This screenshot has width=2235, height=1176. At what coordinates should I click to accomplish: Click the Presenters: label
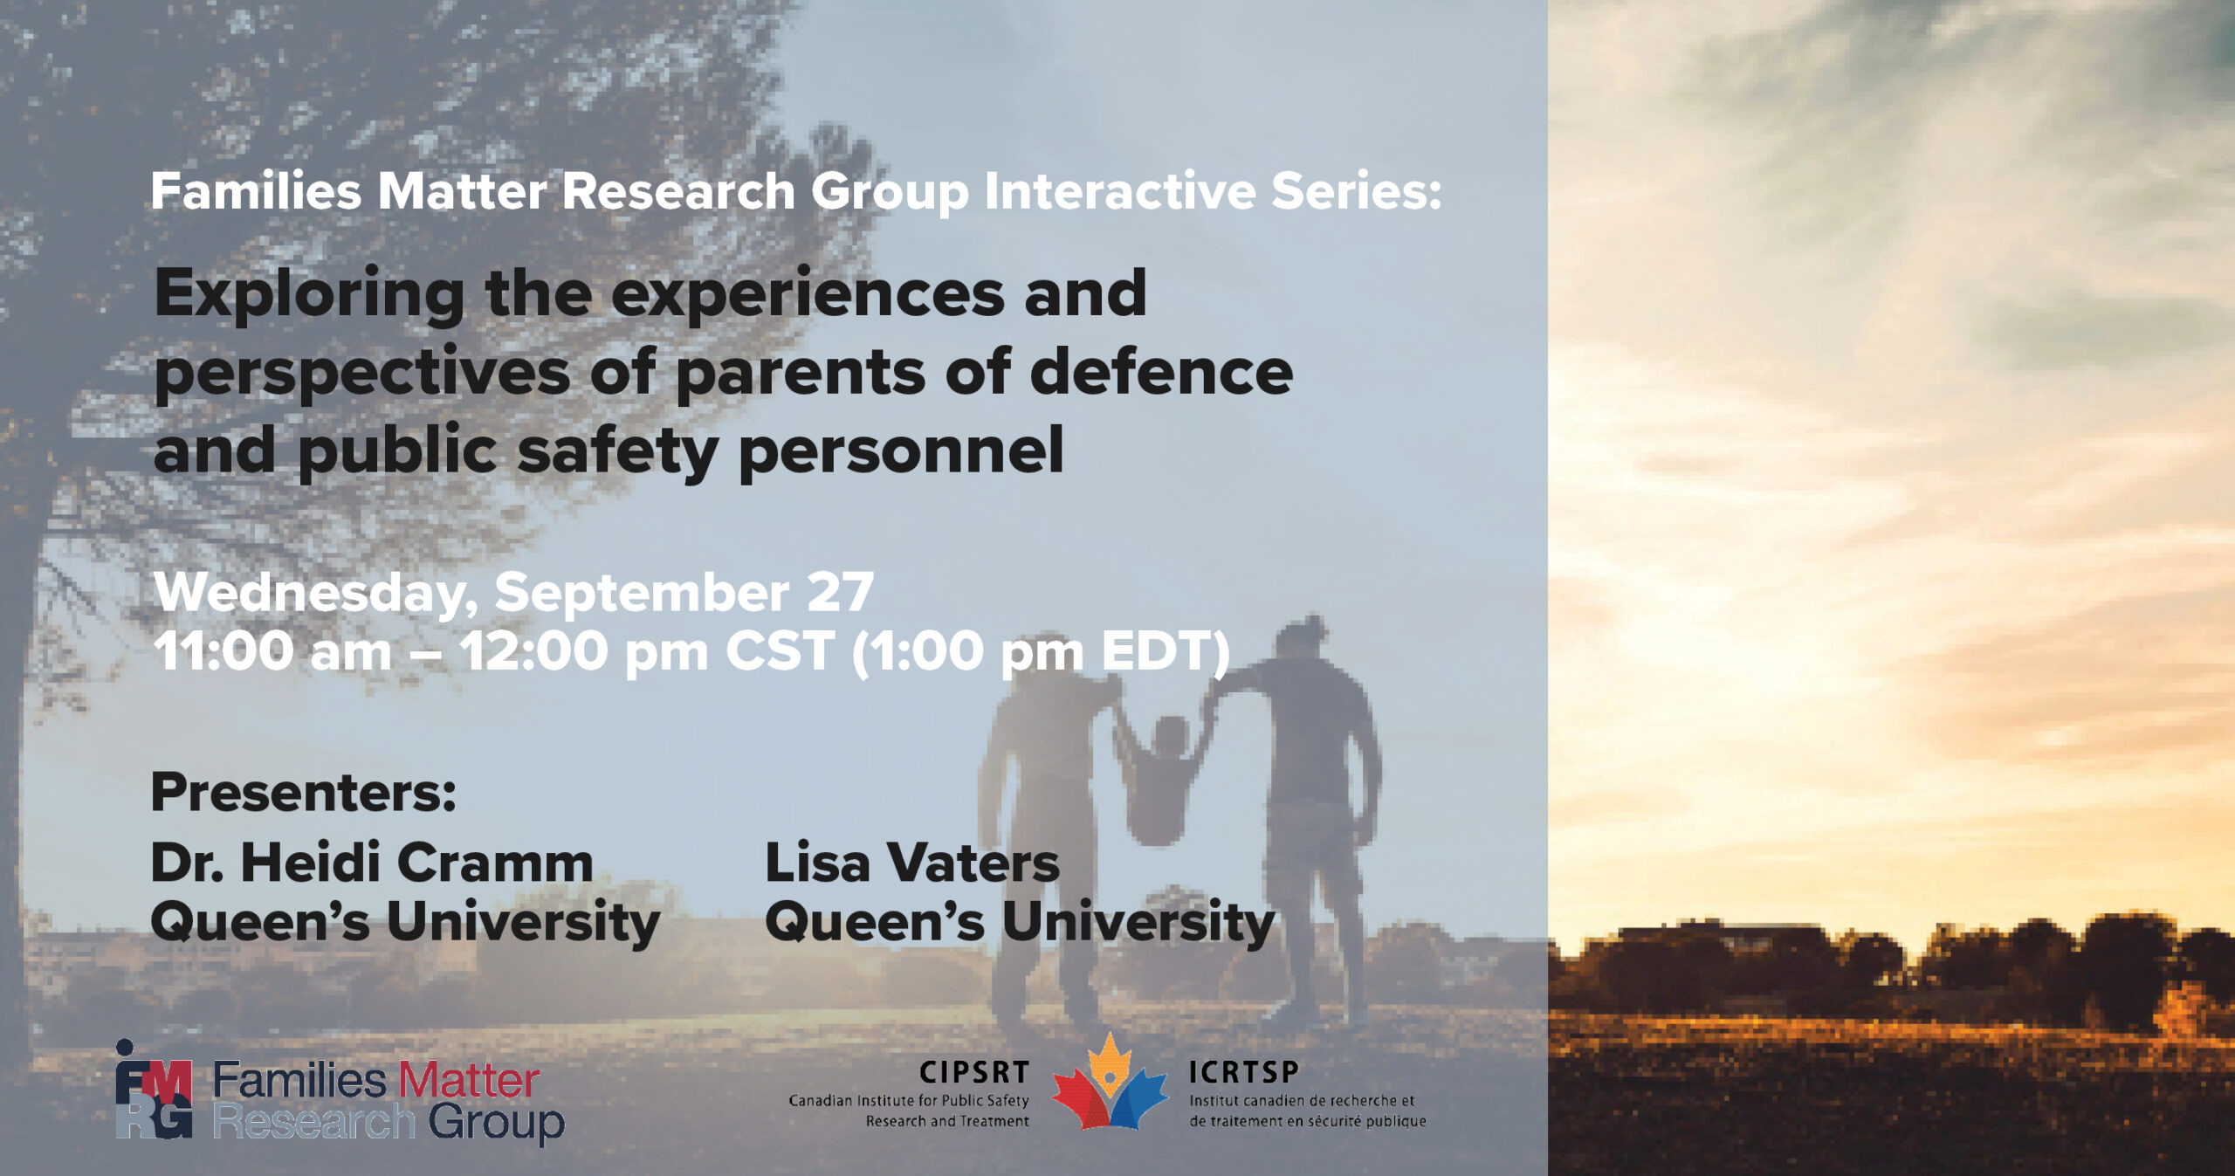click(304, 793)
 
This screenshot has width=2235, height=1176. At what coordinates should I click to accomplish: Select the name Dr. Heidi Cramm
click(372, 863)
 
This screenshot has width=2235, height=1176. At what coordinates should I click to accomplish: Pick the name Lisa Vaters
click(912, 863)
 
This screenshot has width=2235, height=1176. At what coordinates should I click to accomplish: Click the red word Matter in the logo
click(470, 1080)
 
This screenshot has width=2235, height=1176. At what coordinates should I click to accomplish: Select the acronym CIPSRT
click(974, 1072)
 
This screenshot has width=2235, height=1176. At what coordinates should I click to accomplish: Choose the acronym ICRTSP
click(1244, 1072)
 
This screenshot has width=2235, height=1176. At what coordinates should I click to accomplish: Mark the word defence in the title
click(1161, 372)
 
